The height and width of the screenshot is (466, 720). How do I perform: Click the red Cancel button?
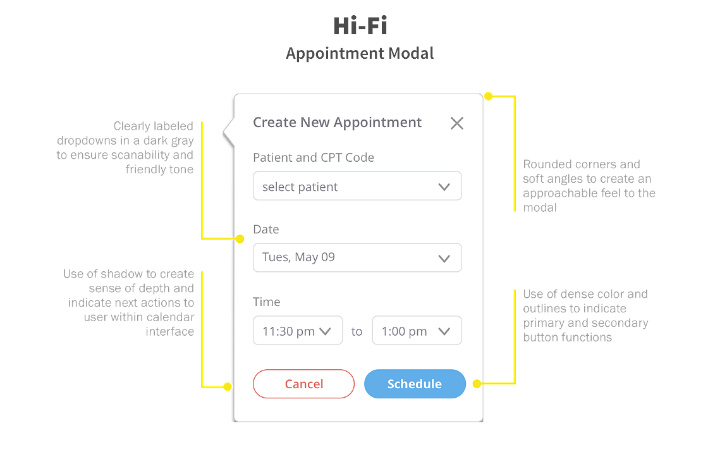point(303,384)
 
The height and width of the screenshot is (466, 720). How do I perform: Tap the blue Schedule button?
point(415,384)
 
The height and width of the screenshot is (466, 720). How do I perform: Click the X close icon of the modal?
point(457,123)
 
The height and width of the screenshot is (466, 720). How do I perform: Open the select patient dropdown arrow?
point(444,187)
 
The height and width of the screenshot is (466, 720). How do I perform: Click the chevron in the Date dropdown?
point(444,259)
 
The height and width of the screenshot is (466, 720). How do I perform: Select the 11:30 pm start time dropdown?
point(298,330)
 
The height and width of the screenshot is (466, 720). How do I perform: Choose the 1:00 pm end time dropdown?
point(417,330)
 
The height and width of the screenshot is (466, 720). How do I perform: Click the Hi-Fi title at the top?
point(360,26)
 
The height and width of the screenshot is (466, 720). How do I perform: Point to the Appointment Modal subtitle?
point(360,53)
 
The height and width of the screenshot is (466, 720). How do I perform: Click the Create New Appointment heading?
point(337,123)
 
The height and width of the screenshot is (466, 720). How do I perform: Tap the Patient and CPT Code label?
point(314,157)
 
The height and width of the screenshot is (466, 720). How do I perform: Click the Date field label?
point(266,229)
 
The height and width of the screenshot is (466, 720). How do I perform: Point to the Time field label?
point(266,302)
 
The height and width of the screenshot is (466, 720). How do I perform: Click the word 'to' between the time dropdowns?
point(357,331)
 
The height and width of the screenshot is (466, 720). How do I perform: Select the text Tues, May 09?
point(298,257)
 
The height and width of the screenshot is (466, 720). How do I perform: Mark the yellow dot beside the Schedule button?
point(477,383)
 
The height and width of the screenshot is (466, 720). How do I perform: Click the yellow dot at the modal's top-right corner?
point(489,96)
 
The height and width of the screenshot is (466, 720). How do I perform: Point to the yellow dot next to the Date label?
point(240,239)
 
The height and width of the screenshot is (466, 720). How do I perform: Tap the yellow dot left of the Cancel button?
point(228,386)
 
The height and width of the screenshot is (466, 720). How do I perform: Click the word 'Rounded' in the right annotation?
point(545,164)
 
